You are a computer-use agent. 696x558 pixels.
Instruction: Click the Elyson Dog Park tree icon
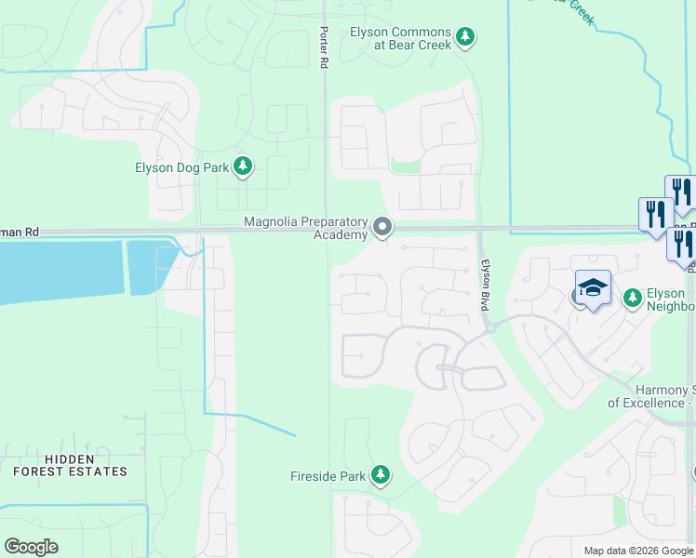coord(243,166)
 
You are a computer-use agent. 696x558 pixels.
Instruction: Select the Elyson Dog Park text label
coord(182,167)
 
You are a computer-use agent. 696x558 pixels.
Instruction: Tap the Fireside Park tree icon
coord(380,475)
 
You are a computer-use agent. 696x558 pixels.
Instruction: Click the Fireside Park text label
coord(327,476)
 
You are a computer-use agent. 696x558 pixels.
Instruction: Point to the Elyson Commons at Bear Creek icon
coord(465,38)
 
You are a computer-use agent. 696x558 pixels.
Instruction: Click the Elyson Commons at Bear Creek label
coord(400,38)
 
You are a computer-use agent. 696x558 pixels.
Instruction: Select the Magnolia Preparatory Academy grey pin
coord(382,227)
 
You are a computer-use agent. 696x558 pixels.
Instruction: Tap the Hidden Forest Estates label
coord(70,465)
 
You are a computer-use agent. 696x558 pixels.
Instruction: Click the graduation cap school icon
coord(593,288)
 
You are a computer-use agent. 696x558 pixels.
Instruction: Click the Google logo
coord(31,547)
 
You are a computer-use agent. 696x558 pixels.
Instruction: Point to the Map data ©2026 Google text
coord(638,551)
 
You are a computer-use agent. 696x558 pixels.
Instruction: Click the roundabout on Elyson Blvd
coord(489,327)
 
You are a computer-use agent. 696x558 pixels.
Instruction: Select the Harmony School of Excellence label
coord(651,396)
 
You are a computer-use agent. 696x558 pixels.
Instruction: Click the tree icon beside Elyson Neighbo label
coord(633,297)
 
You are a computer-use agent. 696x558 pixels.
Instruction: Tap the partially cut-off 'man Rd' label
coord(20,231)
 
